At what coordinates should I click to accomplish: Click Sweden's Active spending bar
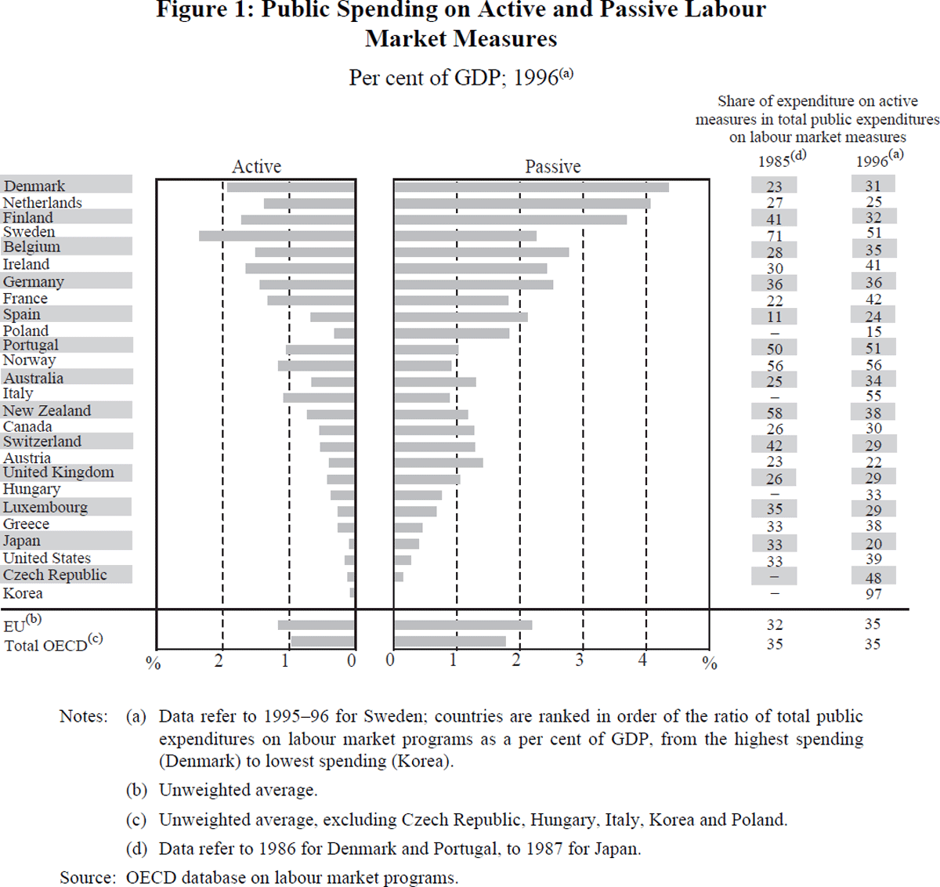[277, 236]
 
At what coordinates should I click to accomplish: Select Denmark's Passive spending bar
[531, 187]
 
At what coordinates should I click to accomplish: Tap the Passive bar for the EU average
[463, 625]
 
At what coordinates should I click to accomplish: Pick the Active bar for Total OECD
[322, 642]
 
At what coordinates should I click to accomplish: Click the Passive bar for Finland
[510, 220]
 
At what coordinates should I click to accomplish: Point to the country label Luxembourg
[45, 508]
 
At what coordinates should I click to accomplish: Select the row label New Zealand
[47, 411]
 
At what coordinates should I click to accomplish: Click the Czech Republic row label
[55, 575]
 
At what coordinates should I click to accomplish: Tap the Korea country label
[23, 593]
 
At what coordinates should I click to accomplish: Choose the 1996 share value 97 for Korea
[873, 594]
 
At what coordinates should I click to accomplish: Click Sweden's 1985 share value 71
[774, 236]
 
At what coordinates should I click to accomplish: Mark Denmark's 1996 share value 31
[873, 186]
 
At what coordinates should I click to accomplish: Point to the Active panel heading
[256, 167]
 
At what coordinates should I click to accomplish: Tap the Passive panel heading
[552, 167]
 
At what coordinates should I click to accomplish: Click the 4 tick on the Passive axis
[643, 661]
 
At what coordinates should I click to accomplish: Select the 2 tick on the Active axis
[219, 661]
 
